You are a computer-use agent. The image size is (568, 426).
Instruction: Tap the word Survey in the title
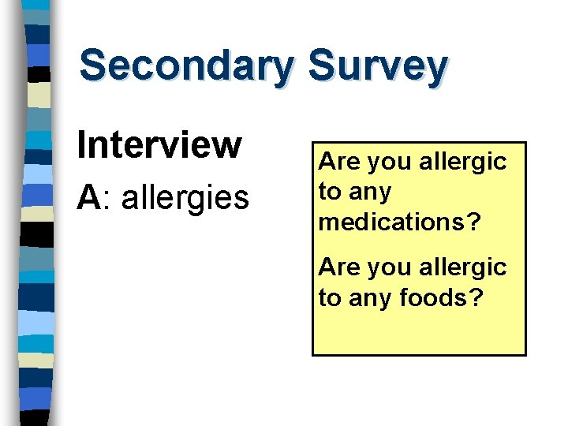tap(378, 66)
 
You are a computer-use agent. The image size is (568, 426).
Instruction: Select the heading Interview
tap(159, 144)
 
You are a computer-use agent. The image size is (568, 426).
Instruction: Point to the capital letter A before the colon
tap(87, 197)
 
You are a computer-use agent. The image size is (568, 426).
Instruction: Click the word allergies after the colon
tap(185, 198)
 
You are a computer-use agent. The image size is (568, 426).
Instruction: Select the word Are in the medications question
tap(338, 162)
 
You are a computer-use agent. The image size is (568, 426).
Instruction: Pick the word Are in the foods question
tap(338, 267)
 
